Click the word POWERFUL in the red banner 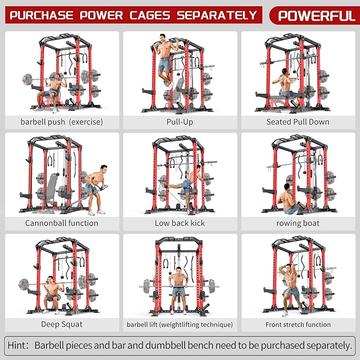(317, 15)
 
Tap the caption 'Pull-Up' (180, 122)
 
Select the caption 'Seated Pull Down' (297, 122)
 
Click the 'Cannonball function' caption (62, 223)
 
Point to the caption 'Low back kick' (180, 223)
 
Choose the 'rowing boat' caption (297, 223)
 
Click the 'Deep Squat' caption (62, 324)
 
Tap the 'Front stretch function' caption (297, 324)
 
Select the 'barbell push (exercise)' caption (62, 122)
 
